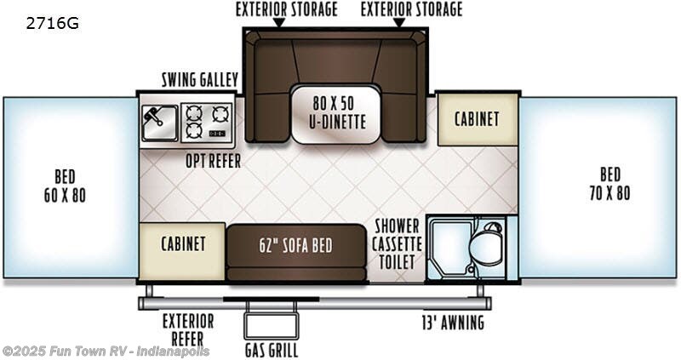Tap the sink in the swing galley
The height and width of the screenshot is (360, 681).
point(159,119)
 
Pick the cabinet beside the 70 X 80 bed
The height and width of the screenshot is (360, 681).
point(476,120)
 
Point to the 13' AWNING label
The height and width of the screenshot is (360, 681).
point(452,323)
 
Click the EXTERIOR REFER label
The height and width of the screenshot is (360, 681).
point(187,329)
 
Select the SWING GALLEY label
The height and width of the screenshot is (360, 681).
point(199,80)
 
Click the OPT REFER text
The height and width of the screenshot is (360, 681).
point(213,160)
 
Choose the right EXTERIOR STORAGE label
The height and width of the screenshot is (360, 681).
point(411,10)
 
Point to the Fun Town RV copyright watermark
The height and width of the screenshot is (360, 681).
point(106,351)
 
